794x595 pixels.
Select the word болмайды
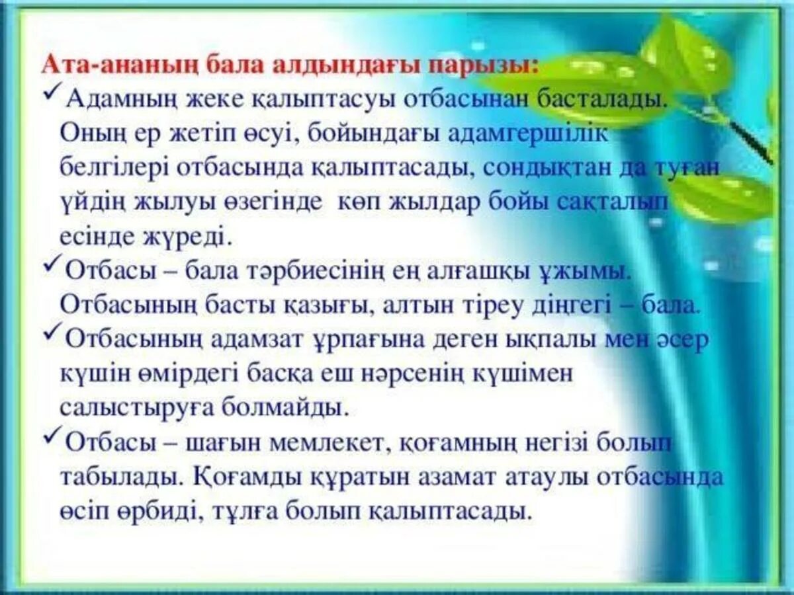297,408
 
